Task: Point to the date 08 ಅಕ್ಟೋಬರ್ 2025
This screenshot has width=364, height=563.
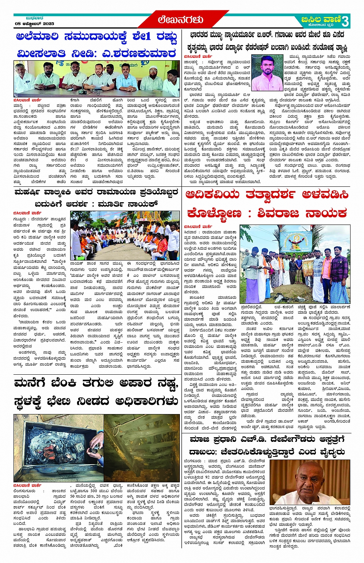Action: click(35, 24)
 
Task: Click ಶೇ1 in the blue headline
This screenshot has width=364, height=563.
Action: click(141, 37)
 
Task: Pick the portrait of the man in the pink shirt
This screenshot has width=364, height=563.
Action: click(267, 73)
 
